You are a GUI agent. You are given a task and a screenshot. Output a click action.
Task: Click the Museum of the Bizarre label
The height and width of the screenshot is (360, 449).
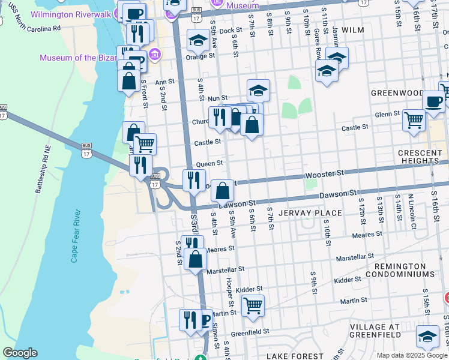click(x=76, y=58)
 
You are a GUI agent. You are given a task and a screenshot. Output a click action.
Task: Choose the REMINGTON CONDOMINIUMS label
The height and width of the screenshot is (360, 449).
click(x=404, y=269)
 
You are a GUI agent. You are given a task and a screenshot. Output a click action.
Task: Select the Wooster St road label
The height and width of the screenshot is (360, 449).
click(x=325, y=173)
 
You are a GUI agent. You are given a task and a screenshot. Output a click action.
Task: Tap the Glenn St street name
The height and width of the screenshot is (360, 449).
click(x=387, y=113)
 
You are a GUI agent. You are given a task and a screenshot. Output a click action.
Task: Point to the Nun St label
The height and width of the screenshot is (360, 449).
click(x=217, y=98)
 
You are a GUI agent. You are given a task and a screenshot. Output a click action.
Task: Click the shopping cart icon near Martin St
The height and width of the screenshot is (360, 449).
click(x=253, y=305)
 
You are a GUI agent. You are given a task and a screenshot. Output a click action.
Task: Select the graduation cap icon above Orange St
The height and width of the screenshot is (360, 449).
click(x=198, y=40)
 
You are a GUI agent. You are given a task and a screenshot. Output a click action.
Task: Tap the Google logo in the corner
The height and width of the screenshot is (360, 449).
click(x=20, y=353)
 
